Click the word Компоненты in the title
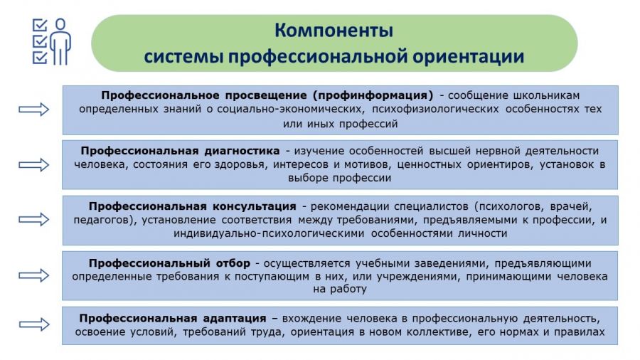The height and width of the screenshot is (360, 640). point(334,31)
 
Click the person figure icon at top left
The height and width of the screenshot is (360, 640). point(60,42)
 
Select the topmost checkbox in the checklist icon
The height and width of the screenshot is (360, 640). point(40,26)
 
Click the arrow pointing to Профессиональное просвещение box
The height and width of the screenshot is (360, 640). point(34,110)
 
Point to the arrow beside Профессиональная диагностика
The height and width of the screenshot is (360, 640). point(34,165)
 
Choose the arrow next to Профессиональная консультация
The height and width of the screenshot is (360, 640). point(34,220)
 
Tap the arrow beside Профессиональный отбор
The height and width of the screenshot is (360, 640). point(34,275)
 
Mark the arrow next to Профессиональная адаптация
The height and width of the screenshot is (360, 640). point(34,324)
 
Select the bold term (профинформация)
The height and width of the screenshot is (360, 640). point(373,95)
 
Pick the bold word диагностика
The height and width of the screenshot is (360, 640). point(242,151)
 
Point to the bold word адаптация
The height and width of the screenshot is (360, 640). point(235,318)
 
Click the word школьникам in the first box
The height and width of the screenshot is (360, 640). point(546,95)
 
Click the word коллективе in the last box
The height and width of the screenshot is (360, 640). point(437,332)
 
